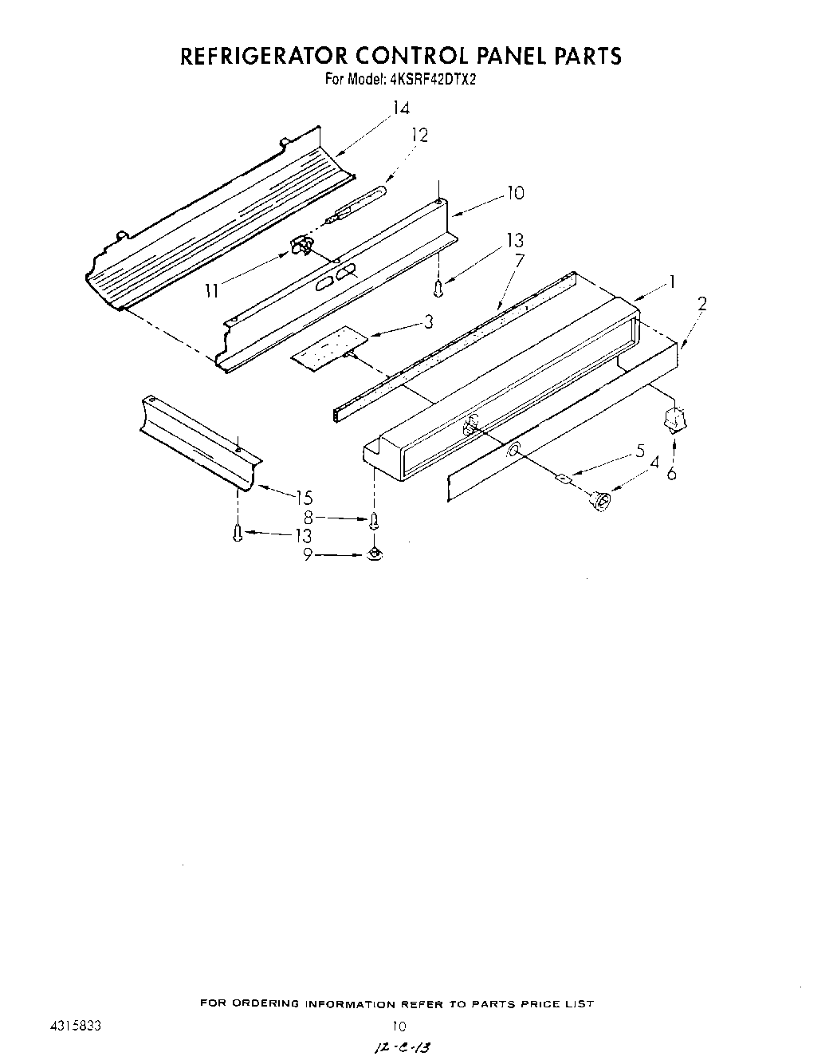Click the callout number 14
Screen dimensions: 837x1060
[x=401, y=109]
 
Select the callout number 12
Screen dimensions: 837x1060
[x=419, y=136]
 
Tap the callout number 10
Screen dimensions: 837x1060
[x=515, y=193]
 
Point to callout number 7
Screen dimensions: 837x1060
[x=519, y=261]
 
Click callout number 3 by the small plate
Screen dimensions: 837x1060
[x=429, y=321]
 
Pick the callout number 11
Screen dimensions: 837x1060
[x=210, y=291]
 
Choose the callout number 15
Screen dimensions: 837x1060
[x=304, y=498]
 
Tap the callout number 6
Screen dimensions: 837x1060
[x=672, y=473]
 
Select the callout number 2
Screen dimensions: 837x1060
[x=701, y=303]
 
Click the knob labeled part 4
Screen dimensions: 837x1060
[x=601, y=501]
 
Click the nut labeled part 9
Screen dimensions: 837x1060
[x=373, y=554]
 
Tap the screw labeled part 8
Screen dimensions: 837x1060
[x=373, y=521]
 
